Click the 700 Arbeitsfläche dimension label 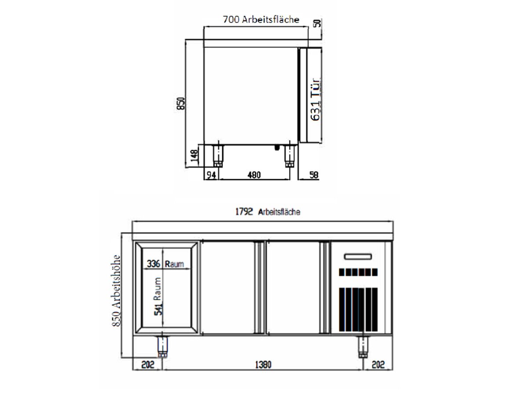tap(261, 19)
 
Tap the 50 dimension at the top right tap(318, 23)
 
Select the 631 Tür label tap(315, 99)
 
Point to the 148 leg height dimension tap(194, 155)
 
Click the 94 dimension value tap(211, 175)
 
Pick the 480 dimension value tap(254, 175)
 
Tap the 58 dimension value tap(314, 175)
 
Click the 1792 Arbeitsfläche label tap(268, 212)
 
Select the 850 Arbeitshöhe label tap(116, 291)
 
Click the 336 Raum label tap(165, 264)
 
